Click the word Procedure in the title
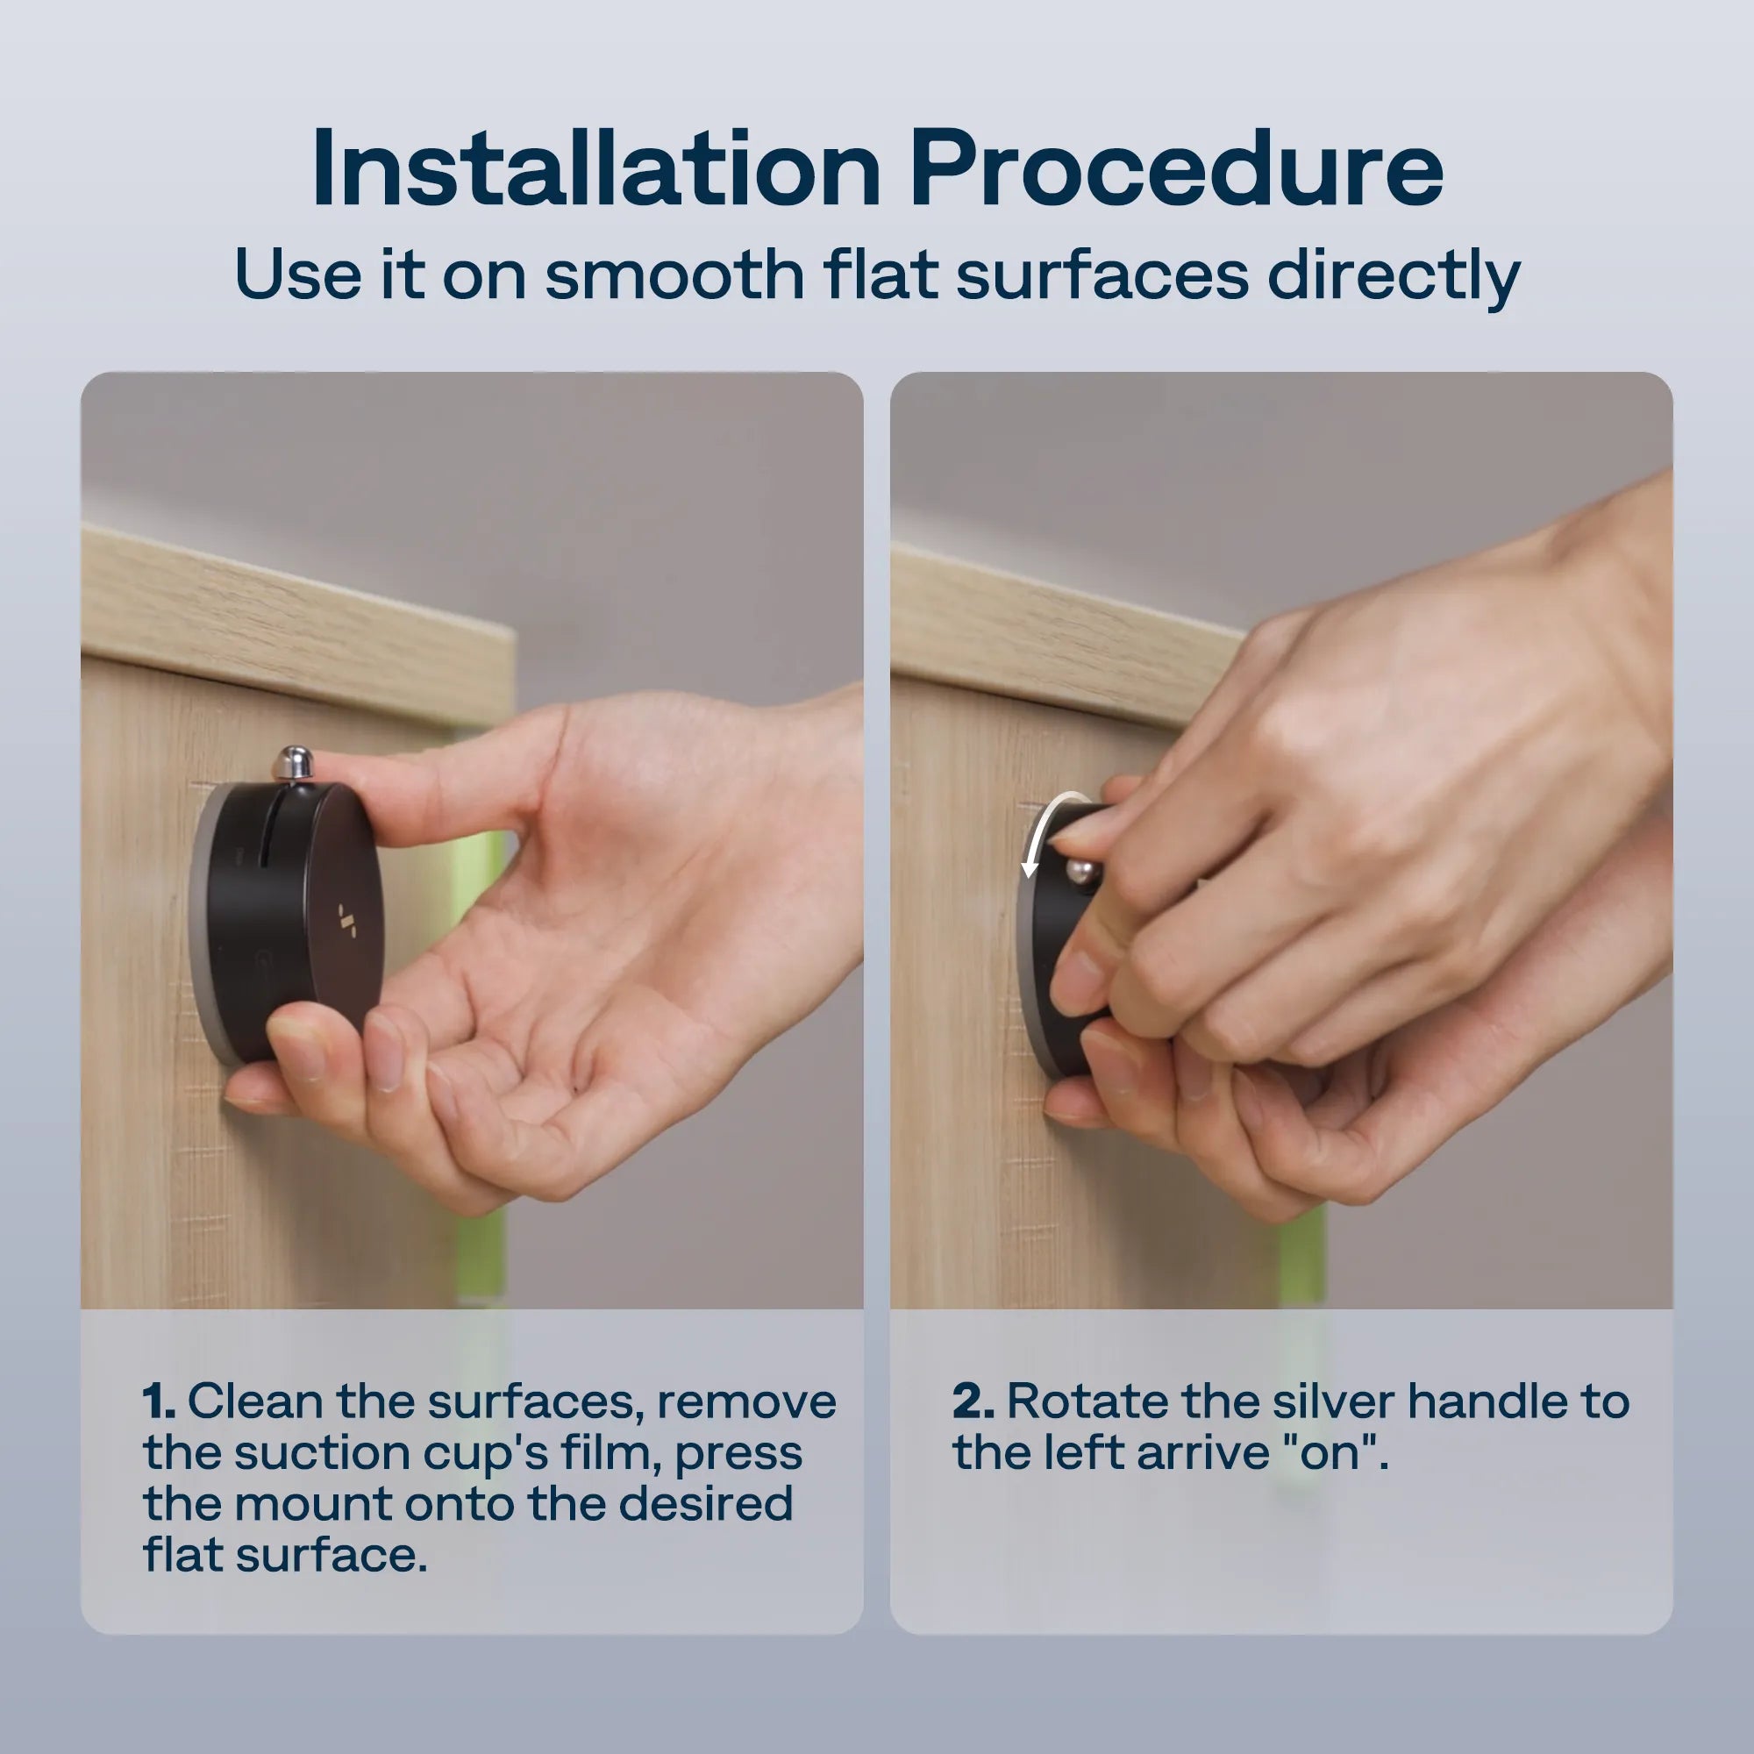click(1178, 170)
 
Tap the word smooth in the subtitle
click(674, 275)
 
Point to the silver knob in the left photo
click(293, 763)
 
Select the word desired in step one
click(705, 1504)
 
